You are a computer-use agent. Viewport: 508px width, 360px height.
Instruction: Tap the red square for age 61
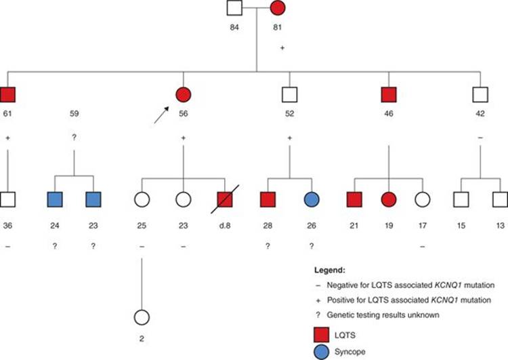(x=8, y=96)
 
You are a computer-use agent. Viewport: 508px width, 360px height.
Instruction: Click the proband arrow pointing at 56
(x=161, y=116)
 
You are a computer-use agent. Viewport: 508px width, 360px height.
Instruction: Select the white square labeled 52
(x=290, y=96)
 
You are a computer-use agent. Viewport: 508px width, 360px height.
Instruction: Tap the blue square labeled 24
(x=55, y=201)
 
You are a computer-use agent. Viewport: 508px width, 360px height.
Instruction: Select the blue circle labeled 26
(x=312, y=201)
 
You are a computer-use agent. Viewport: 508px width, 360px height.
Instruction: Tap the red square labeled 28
(x=269, y=201)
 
